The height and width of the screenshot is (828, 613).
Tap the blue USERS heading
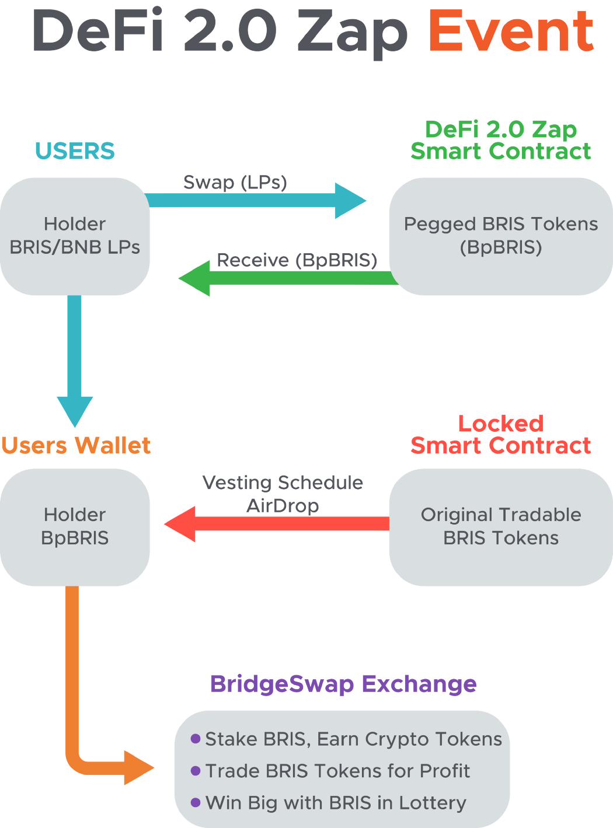[75, 151]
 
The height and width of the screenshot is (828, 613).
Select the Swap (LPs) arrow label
[235, 183]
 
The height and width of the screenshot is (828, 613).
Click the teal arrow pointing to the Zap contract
[256, 201]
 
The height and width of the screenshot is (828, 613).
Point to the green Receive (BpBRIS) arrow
[288, 278]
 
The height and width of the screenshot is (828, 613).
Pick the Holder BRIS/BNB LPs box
[75, 236]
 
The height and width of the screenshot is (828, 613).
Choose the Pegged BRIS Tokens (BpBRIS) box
[501, 236]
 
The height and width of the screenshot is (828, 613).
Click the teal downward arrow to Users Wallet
[74, 361]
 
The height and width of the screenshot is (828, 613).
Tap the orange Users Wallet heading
[76, 445]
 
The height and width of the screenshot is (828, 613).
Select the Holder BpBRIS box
[75, 527]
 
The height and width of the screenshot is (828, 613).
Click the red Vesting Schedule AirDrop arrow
[276, 524]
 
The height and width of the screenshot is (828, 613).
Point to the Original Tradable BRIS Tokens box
[501, 527]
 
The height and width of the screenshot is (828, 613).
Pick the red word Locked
[501, 424]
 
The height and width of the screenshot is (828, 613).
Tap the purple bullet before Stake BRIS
[196, 738]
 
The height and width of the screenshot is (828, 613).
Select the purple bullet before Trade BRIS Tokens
[196, 770]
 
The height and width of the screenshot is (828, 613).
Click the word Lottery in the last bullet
[433, 803]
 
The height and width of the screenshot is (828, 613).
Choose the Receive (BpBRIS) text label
[297, 260]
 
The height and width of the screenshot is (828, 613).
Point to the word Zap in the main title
[352, 34]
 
